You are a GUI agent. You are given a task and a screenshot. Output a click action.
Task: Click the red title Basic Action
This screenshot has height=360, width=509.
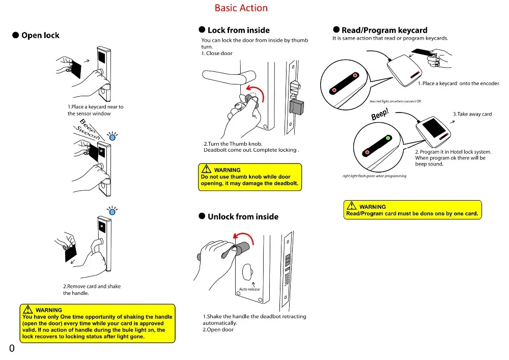[241, 8]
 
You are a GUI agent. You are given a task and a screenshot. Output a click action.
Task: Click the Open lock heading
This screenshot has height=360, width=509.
[40, 35]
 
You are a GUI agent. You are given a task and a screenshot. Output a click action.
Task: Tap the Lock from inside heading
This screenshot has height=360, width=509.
[239, 30]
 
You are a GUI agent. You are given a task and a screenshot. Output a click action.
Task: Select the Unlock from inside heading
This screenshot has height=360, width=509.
[243, 216]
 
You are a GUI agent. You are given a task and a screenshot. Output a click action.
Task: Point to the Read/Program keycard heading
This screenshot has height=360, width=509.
[384, 30]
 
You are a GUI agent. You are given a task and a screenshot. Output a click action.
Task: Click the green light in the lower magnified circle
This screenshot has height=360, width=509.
[387, 139]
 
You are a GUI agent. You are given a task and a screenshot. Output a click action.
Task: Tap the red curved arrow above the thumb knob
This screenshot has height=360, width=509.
[256, 92]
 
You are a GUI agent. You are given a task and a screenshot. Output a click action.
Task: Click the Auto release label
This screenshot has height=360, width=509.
[249, 289]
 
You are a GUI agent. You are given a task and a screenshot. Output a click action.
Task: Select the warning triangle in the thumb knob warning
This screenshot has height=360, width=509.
[206, 169]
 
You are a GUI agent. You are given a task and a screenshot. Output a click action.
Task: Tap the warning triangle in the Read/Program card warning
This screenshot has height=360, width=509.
[351, 206]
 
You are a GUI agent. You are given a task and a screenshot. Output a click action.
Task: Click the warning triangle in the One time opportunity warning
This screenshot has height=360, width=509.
[27, 309]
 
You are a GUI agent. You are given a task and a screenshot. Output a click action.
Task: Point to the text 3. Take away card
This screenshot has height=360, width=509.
[472, 114]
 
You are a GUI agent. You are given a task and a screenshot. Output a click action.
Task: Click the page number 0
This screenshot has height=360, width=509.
[12, 348]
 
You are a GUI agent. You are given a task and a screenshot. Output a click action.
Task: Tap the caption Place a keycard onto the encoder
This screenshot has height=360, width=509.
[459, 84]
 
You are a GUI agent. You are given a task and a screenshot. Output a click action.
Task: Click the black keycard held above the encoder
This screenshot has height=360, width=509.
[421, 52]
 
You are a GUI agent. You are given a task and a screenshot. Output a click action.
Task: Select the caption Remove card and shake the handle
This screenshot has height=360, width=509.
[92, 290]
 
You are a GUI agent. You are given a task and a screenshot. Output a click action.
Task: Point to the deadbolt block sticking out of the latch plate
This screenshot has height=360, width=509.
[296, 107]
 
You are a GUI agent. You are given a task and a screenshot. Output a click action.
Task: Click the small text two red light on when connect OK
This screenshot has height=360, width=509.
[395, 101]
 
